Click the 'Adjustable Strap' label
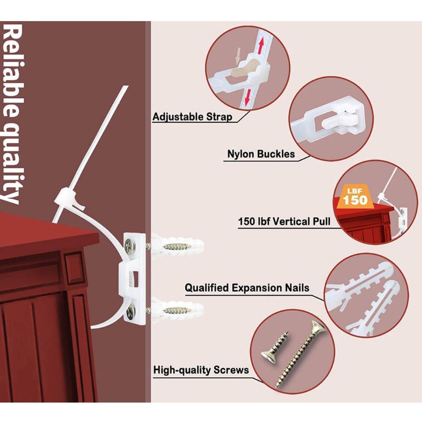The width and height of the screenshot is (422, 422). pos(192,117)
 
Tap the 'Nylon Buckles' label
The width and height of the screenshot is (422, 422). pos(261,154)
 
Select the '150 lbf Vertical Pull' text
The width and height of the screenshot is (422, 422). pos(284,222)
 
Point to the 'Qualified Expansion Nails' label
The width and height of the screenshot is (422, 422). pos(247,287)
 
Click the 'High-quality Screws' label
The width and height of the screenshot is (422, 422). pos(201,370)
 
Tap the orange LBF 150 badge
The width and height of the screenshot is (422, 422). pos(355,197)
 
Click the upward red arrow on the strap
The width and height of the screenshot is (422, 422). pos(261,46)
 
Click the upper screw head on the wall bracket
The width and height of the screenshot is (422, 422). pos(131,245)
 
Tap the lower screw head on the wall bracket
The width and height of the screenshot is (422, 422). pos(131,313)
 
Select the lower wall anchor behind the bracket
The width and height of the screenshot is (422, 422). pos(176,311)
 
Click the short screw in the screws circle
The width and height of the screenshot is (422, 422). pos(275,348)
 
